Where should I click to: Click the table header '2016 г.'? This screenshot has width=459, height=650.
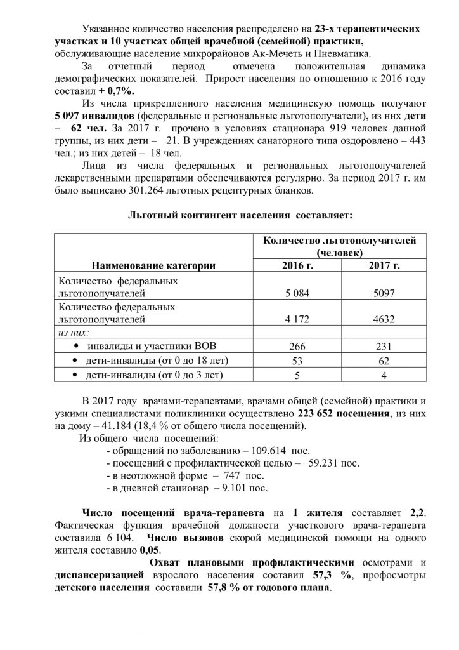pyautogui.click(x=297, y=265)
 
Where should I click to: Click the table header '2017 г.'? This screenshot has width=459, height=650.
pyautogui.click(x=384, y=265)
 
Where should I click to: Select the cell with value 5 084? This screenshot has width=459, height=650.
pyautogui.click(x=297, y=294)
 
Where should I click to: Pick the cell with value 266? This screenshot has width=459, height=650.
pyautogui.click(x=297, y=346)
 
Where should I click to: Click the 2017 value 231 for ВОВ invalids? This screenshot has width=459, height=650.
pyautogui.click(x=384, y=346)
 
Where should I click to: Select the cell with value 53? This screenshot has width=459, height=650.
pyautogui.click(x=297, y=361)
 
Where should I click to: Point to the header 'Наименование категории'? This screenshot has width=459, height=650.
pyautogui.click(x=154, y=265)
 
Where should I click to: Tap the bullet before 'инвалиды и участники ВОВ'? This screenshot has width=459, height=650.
pyautogui.click(x=76, y=346)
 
